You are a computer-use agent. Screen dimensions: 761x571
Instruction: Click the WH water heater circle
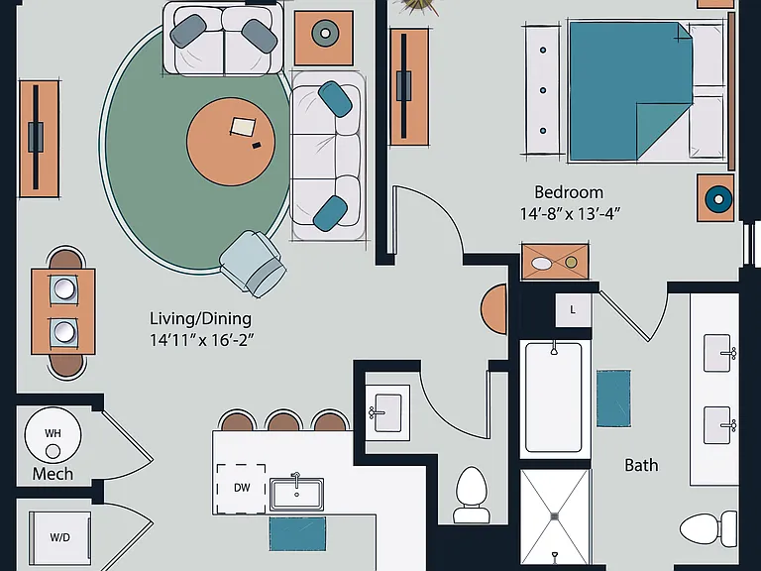(x=53, y=435)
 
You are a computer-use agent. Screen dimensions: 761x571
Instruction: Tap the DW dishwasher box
(x=241, y=489)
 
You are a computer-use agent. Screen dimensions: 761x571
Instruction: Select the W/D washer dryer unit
(x=59, y=536)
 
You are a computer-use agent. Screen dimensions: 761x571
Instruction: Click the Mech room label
(x=53, y=474)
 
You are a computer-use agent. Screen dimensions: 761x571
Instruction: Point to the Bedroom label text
(x=569, y=192)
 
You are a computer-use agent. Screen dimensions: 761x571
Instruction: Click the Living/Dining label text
(x=200, y=318)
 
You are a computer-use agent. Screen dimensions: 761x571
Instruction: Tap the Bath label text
(x=641, y=465)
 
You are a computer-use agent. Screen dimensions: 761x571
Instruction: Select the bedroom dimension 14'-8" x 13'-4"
(x=571, y=214)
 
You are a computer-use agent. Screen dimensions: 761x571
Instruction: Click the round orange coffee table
(x=231, y=142)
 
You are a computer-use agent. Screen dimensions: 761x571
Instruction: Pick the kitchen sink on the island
(x=296, y=494)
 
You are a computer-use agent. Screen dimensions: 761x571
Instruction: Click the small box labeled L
(x=573, y=309)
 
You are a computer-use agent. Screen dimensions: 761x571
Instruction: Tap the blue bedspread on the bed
(x=630, y=91)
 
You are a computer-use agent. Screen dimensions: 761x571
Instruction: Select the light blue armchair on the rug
(x=253, y=263)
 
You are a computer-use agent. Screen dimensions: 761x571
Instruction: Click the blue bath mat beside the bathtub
(x=614, y=399)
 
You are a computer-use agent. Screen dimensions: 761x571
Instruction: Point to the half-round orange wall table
(x=494, y=309)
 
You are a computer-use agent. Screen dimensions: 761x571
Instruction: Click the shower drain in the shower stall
(x=555, y=517)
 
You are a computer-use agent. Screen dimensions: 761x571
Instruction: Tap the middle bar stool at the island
(x=284, y=420)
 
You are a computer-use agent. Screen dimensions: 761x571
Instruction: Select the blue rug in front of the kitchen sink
(x=297, y=534)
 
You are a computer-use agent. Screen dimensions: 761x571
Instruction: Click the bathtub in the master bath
(x=554, y=398)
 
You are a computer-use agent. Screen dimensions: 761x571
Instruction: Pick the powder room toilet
(x=472, y=495)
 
